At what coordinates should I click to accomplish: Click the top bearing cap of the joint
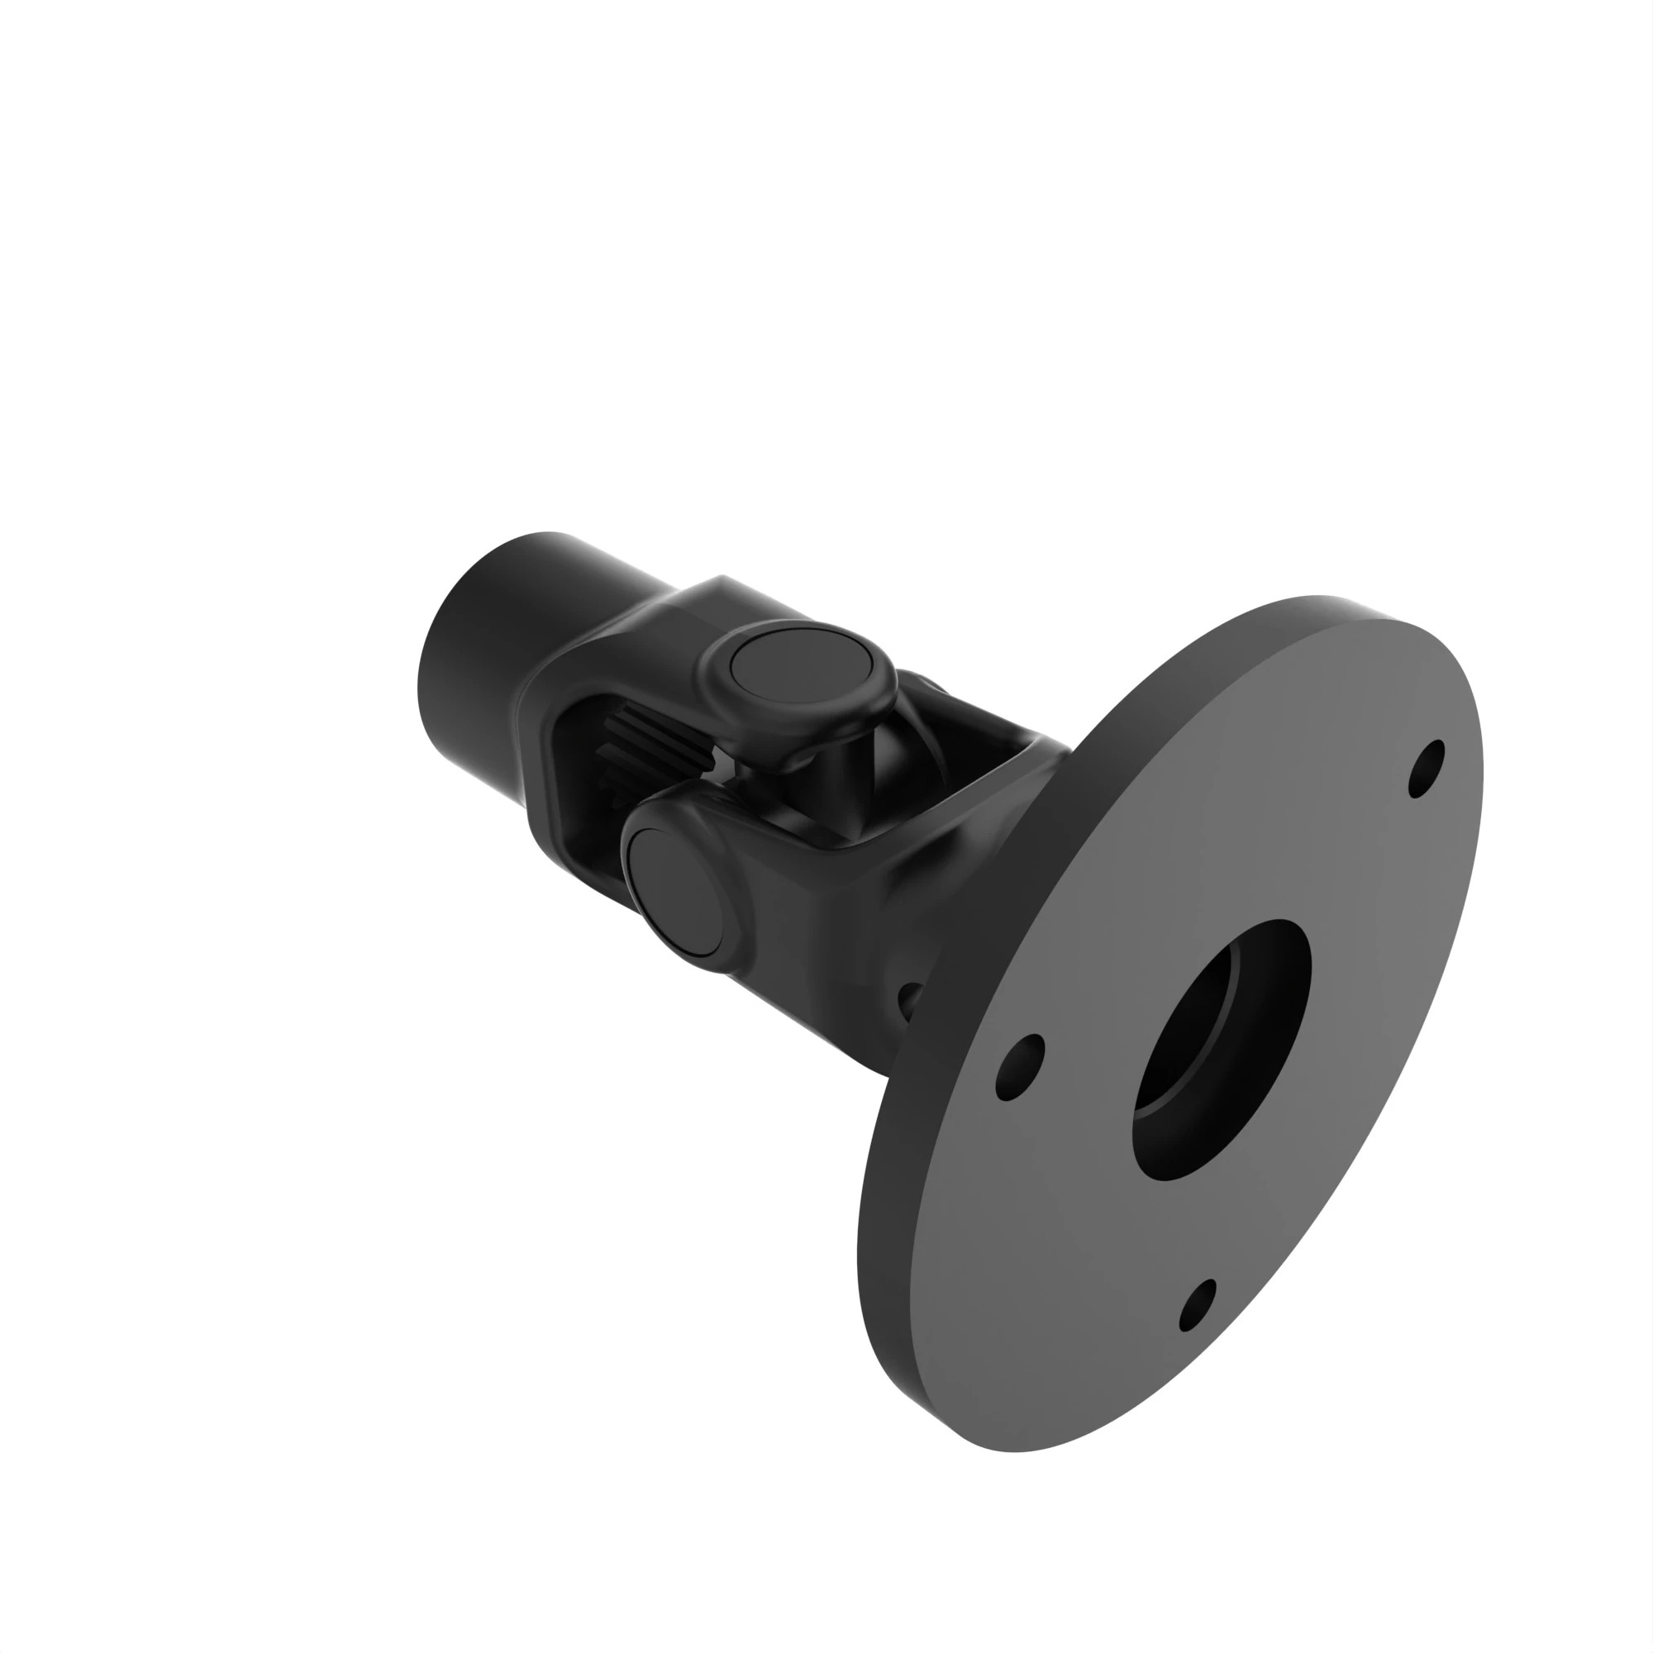click(801, 666)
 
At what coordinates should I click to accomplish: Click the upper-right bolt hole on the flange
click(1426, 768)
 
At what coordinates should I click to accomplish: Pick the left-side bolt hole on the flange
click(1021, 1066)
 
